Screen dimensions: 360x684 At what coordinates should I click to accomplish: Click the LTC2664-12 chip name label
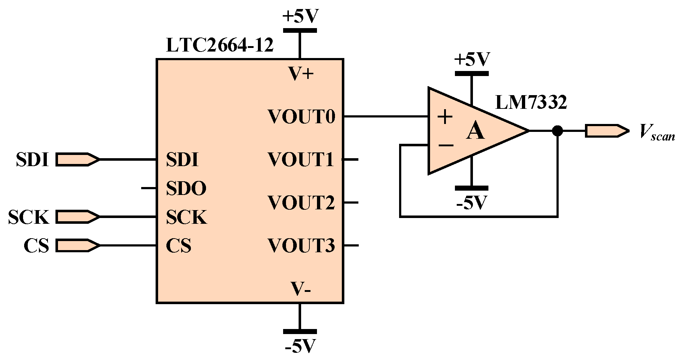pyautogui.click(x=219, y=46)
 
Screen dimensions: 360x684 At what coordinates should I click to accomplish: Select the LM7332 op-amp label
pyautogui.click(x=531, y=102)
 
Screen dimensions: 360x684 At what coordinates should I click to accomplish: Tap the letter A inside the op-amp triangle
pyautogui.click(x=475, y=131)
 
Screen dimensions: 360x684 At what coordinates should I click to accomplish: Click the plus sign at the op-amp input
pyautogui.click(x=446, y=117)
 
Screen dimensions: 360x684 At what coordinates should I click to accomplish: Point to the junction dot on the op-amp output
pyautogui.click(x=557, y=131)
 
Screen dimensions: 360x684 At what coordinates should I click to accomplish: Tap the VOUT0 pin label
pyautogui.click(x=301, y=117)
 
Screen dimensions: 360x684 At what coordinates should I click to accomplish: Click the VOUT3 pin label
pyautogui.click(x=301, y=246)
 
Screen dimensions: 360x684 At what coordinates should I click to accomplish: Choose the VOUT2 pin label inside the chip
pyautogui.click(x=301, y=203)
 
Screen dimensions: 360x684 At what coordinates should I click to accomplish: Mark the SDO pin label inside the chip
pyautogui.click(x=186, y=188)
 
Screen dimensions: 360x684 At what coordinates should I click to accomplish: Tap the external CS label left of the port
pyautogui.click(x=36, y=246)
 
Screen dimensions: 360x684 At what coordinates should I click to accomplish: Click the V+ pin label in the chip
pyautogui.click(x=301, y=74)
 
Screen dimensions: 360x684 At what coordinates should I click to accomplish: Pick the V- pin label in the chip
pyautogui.click(x=301, y=289)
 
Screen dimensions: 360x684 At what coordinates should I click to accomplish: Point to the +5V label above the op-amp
pyautogui.click(x=472, y=59)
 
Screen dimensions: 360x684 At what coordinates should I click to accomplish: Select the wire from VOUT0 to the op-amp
pyautogui.click(x=385, y=116)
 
